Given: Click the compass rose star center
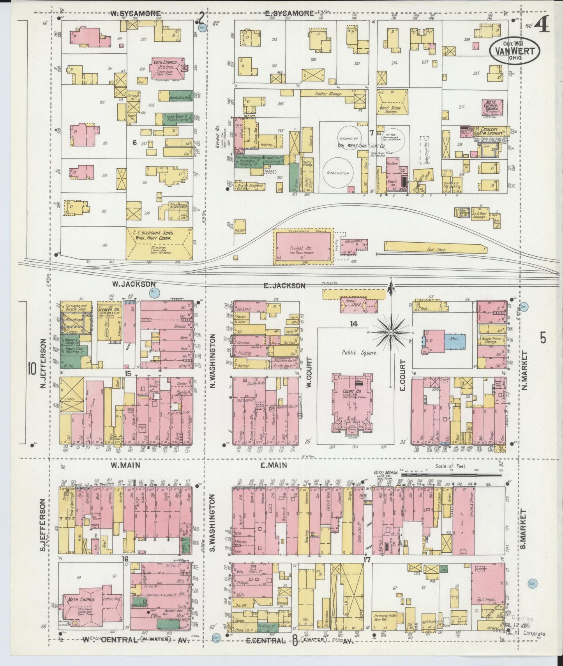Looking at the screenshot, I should click(x=390, y=332).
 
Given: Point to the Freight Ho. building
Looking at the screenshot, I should click(x=303, y=248).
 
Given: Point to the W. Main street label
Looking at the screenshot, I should click(x=125, y=464).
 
